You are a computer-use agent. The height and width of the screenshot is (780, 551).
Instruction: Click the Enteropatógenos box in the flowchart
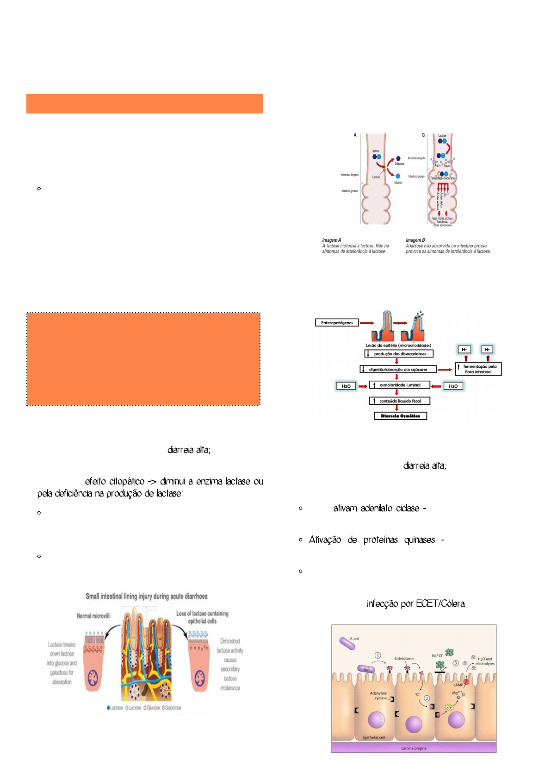337,323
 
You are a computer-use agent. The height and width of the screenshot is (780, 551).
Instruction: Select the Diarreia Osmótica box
400,416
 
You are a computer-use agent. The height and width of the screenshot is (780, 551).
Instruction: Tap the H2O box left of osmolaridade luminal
346,386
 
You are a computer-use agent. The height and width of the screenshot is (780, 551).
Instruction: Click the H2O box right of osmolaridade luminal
453,386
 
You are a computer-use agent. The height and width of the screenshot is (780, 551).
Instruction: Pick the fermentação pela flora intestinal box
479,369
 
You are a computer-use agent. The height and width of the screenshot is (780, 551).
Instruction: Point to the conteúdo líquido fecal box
400,401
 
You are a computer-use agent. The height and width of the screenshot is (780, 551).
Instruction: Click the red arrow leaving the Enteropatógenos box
367,323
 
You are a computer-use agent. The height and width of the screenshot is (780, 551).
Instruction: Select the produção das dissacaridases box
399,354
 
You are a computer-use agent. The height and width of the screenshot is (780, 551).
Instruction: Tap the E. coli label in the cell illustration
354,639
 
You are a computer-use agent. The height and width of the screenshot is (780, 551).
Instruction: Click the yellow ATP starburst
448,708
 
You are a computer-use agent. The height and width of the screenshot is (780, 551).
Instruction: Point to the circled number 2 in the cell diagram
427,698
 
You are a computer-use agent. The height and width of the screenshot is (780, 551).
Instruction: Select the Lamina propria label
414,748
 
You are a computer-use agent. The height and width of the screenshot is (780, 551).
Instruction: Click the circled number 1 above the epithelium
378,655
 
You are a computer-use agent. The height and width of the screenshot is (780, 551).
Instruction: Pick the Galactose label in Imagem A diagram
399,164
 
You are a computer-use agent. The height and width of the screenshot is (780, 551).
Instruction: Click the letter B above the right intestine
423,135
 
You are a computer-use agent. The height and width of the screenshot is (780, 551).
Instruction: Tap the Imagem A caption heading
332,240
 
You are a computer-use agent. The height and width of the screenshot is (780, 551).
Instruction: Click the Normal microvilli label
93,616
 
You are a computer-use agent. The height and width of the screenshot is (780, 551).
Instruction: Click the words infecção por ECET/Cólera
415,604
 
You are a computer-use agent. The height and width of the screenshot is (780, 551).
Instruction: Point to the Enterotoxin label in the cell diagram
404,658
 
